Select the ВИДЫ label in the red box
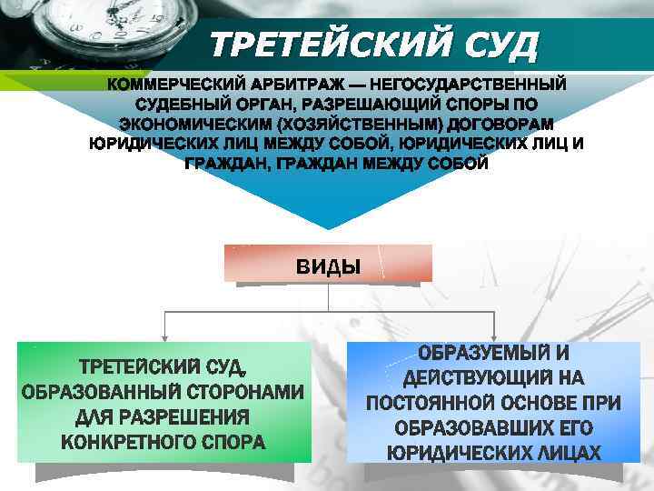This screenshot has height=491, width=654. [x=328, y=266]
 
